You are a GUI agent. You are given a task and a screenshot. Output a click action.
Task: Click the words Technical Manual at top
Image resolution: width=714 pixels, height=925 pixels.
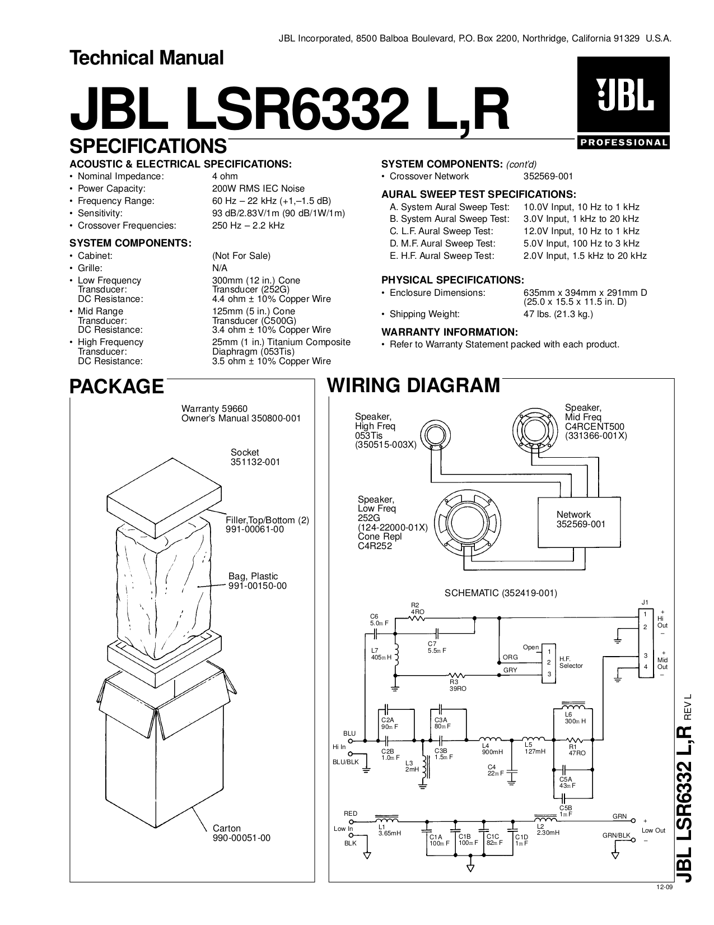[146, 58]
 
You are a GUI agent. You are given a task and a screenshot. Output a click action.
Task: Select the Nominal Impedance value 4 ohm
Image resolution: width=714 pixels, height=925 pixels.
[225, 176]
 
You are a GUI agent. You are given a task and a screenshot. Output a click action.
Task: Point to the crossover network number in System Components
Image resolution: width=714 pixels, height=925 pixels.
[548, 176]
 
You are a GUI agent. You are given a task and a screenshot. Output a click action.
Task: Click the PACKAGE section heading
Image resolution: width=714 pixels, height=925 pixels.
[116, 387]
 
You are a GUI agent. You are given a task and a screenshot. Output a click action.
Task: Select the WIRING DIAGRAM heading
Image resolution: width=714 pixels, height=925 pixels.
[413, 385]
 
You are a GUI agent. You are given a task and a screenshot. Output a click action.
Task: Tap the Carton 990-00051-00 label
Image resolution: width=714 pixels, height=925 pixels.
[241, 833]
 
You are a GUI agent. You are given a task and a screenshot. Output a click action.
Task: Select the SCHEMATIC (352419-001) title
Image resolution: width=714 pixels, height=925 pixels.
[501, 593]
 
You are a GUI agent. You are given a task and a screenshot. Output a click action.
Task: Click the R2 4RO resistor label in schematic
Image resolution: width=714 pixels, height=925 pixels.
[417, 608]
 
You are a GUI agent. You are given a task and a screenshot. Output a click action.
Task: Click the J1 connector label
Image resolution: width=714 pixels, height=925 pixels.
[645, 602]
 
